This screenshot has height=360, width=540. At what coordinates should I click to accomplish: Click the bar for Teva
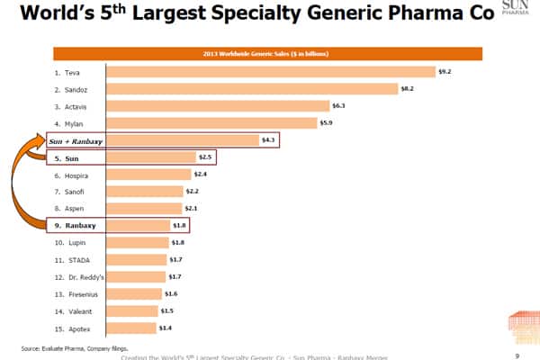coord(271,71)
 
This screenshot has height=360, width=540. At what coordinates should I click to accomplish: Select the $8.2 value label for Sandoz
coord(408,88)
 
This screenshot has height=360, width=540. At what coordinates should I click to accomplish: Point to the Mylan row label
coord(67,122)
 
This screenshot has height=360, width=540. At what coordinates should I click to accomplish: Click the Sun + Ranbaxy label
coord(74,140)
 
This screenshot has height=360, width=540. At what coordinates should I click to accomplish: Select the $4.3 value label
coord(267,140)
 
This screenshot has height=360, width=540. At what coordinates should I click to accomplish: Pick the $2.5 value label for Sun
coord(204,157)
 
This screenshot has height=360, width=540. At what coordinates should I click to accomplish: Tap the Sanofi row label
coord(68,191)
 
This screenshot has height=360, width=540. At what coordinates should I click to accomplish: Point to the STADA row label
coord(68,259)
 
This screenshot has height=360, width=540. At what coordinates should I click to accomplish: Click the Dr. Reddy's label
coord(74,276)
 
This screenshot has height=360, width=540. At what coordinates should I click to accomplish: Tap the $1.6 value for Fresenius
coord(171,293)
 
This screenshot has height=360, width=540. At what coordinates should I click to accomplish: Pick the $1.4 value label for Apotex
coord(165,328)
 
